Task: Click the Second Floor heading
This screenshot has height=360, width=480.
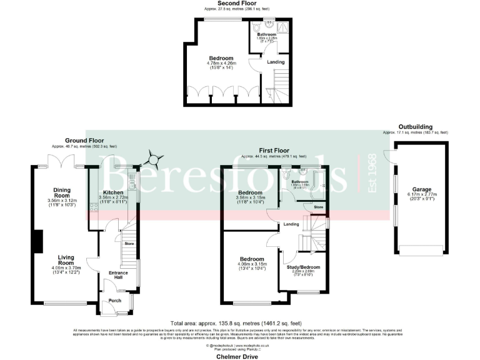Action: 237,3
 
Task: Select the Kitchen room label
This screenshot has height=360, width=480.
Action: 113,192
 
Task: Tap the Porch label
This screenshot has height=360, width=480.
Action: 115,301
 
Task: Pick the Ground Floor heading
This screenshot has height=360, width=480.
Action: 86,141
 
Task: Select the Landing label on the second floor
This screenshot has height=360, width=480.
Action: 276,62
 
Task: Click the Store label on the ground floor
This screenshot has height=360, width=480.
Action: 129,243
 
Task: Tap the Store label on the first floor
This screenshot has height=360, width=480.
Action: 318,207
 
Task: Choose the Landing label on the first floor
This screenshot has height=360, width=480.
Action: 291,224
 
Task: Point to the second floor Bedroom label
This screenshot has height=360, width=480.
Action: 221,58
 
